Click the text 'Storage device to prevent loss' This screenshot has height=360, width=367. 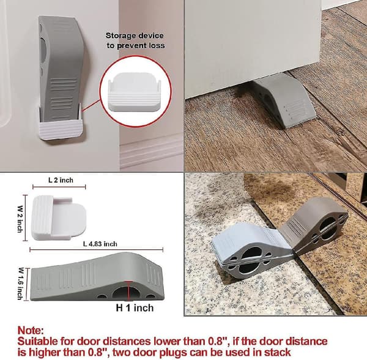coord(136,40)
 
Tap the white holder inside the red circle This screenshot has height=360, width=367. coord(135,92)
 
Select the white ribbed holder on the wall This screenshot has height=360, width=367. coord(61,127)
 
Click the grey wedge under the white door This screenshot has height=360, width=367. coord(284,100)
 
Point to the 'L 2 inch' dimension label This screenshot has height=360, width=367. coord(61,180)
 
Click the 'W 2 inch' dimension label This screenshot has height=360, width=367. coord(20,219)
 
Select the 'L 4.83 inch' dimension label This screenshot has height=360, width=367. coord(100,244)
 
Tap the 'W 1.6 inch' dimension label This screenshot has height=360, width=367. coord(20,283)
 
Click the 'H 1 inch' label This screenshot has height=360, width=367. coord(135,307)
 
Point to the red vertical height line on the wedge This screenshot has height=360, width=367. coord(128,291)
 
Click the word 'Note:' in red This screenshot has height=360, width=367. coord(31,330)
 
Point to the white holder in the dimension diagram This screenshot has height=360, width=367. coord(59,218)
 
